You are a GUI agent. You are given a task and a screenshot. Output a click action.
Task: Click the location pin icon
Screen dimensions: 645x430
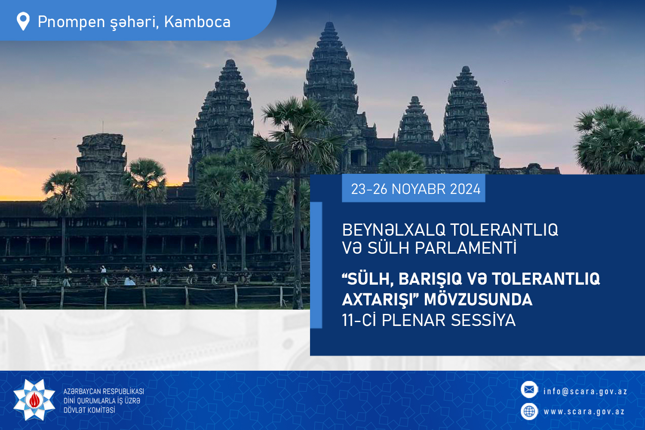[23, 21]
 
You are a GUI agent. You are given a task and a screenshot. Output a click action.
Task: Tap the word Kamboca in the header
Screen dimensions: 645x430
[197, 22]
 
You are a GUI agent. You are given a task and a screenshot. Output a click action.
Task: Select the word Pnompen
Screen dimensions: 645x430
[71, 22]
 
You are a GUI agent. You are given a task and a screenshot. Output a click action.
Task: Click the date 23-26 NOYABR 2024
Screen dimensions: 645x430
[415, 189]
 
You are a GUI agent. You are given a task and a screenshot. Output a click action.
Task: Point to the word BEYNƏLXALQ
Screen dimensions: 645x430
[393, 230]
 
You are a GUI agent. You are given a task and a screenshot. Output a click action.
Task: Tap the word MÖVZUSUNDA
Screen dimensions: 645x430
[478, 300]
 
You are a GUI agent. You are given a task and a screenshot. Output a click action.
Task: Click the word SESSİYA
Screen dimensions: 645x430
[483, 320]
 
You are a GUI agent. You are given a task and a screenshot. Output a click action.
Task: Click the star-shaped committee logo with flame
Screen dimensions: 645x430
[34, 400]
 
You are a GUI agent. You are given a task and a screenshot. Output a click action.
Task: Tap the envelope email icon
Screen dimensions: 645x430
[529, 390]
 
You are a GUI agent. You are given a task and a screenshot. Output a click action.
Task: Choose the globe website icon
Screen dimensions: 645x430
[529, 412]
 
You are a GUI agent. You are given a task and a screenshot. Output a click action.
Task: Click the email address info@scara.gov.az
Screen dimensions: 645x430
[585, 391]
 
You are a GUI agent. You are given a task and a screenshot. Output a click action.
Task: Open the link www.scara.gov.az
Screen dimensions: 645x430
[584, 412]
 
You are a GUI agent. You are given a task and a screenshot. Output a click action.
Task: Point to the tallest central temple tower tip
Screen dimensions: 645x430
[329, 22]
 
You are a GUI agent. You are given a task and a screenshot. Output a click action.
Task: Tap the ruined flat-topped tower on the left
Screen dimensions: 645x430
[101, 166]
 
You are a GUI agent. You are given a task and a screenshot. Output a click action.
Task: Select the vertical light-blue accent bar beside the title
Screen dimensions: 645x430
[316, 265]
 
